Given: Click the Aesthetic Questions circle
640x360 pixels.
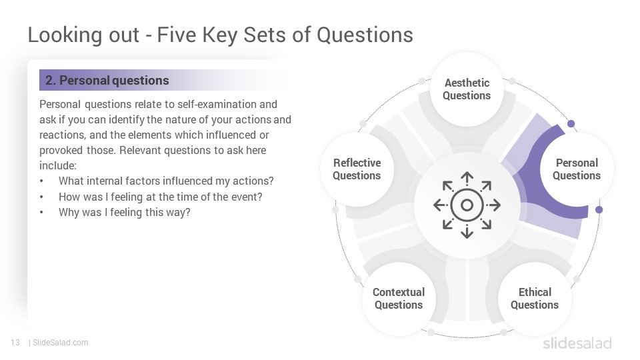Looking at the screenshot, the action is tap(467, 89).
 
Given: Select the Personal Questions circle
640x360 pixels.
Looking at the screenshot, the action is tap(576, 169).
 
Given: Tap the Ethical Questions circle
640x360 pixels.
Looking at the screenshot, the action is tap(535, 299).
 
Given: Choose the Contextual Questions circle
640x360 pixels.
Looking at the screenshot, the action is tap(399, 299).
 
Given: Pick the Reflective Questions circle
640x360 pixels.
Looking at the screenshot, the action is tap(357, 169).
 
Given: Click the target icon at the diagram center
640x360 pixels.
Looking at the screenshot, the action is tap(467, 205).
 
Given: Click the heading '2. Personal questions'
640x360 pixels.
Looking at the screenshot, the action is tap(107, 81).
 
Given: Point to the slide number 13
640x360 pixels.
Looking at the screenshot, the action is tap(15, 343).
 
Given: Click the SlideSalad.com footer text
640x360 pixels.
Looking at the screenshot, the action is tap(61, 343).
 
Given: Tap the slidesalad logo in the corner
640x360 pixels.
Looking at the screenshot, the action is tap(577, 343).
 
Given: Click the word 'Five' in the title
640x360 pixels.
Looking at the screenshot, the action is tap(177, 35).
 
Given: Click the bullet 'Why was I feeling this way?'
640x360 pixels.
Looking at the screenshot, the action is tap(125, 213).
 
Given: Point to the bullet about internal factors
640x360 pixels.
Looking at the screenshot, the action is tap(166, 181).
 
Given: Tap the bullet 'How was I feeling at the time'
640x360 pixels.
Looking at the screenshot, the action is tap(161, 197).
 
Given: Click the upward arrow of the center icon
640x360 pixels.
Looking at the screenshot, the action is tap(467, 179).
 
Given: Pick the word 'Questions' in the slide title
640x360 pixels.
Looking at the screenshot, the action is tap(365, 35).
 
